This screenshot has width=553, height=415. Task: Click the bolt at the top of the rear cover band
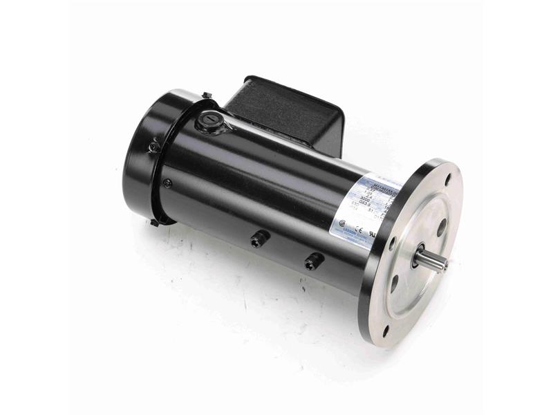pos(206,95)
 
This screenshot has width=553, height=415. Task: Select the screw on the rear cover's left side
pos(153,147)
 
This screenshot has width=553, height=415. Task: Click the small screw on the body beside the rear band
pos(167,183)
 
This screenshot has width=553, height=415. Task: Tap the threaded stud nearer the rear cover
pos(257,239)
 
